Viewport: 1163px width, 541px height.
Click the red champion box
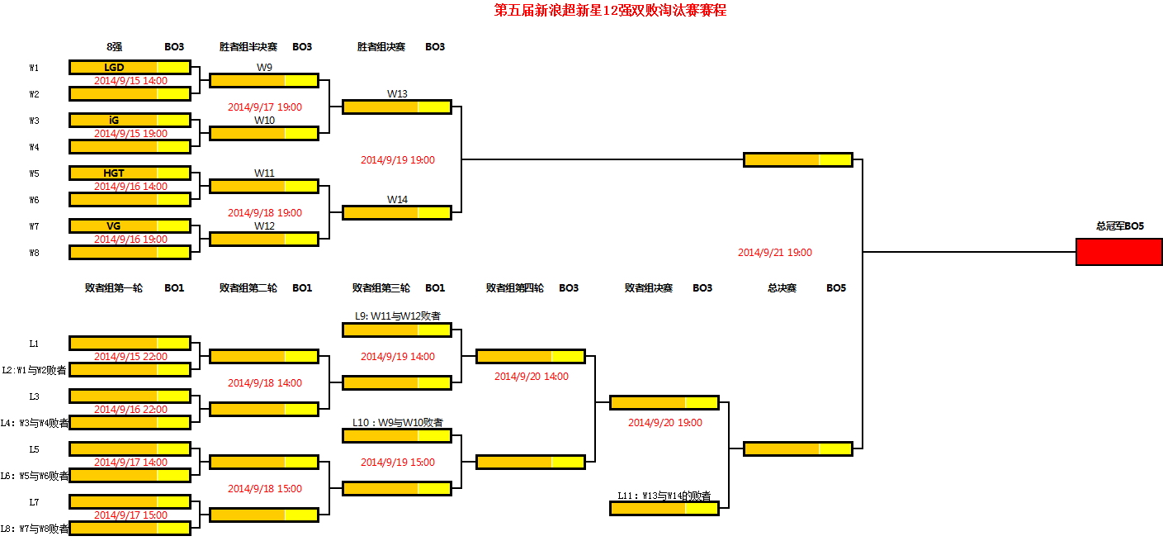pyautogui.click(x=1118, y=252)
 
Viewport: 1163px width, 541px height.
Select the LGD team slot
pyautogui.click(x=114, y=67)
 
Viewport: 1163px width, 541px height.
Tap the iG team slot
pyautogui.click(x=114, y=120)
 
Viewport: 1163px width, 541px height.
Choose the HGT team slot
pyautogui.click(x=114, y=173)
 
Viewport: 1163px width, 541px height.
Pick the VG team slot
pyautogui.click(x=114, y=225)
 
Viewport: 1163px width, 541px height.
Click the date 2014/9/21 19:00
pyautogui.click(x=774, y=253)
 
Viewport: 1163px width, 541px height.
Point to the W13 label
pyautogui.click(x=397, y=93)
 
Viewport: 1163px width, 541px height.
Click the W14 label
pyautogui.click(x=397, y=199)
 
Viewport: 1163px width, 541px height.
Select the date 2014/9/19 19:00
pyautogui.click(x=397, y=160)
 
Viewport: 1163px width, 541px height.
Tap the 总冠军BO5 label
pyautogui.click(x=1119, y=225)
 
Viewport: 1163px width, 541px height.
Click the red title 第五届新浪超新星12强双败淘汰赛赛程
pyautogui.click(x=610, y=11)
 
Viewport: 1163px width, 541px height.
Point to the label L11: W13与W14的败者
pyautogui.click(x=664, y=496)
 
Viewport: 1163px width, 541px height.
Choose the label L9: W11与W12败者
pyautogui.click(x=397, y=316)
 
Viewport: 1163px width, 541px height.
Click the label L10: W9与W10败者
pyautogui.click(x=397, y=422)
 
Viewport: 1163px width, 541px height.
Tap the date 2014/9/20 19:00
pyautogui.click(x=664, y=423)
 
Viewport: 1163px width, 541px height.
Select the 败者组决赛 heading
pyautogui.click(x=648, y=288)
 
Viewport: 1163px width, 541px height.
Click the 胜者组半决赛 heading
pyautogui.click(x=248, y=47)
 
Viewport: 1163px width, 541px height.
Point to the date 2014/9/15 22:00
pyautogui.click(x=130, y=357)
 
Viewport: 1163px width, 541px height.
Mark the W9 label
pyautogui.click(x=264, y=67)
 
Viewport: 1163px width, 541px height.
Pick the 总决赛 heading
pyautogui.click(x=781, y=288)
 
